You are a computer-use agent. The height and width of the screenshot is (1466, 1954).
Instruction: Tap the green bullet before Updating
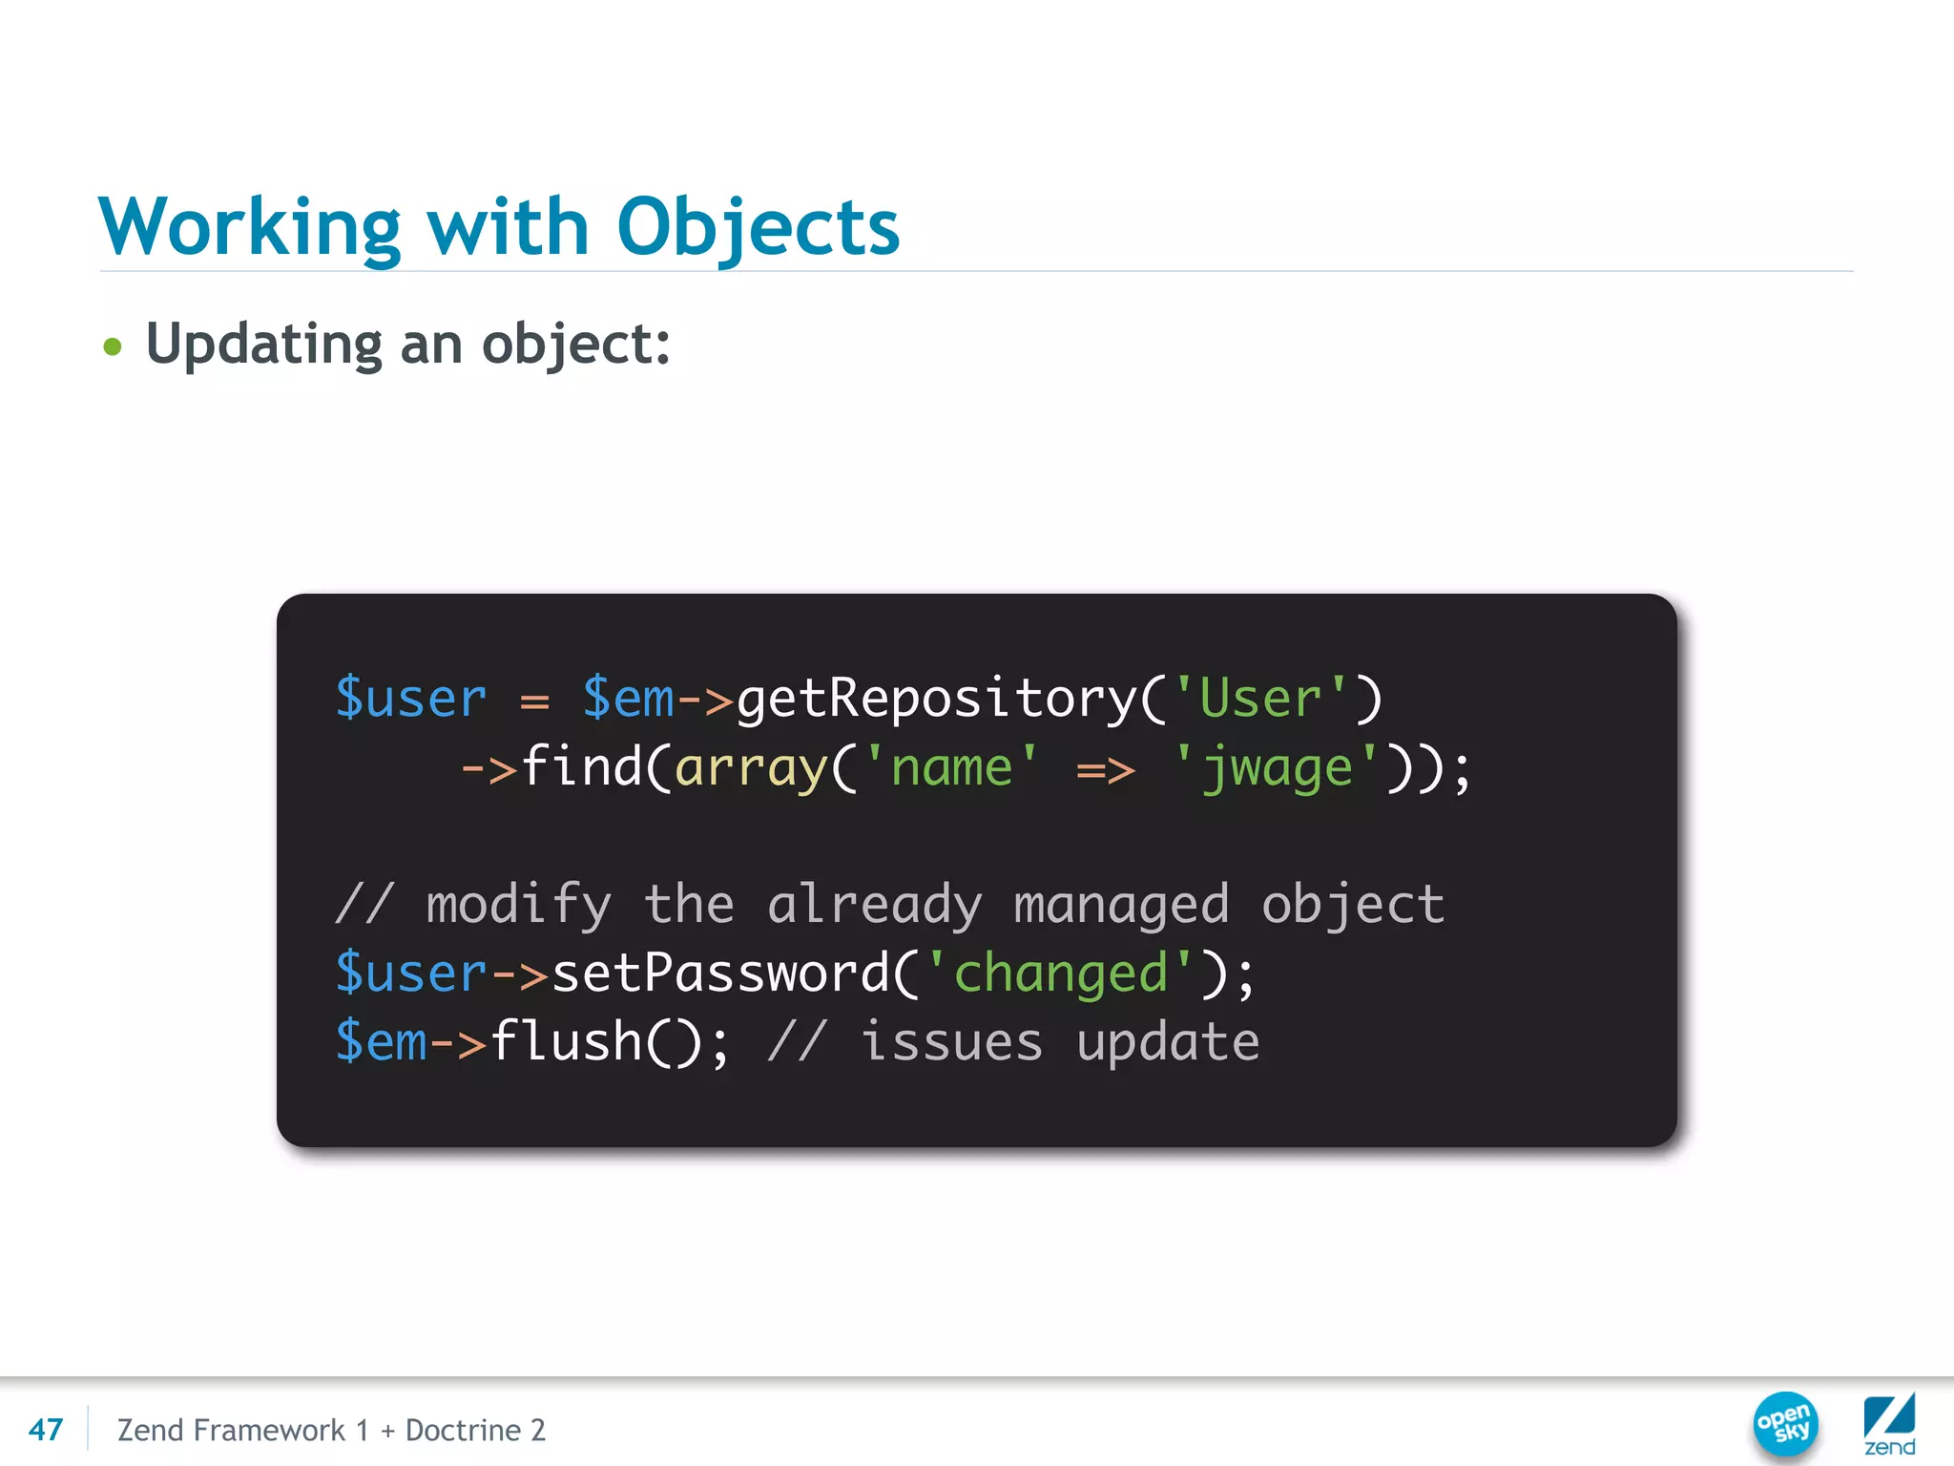(x=113, y=346)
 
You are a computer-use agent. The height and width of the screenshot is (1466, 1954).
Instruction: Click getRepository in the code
(x=937, y=699)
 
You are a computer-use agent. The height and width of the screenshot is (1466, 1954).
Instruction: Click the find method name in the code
(x=582, y=767)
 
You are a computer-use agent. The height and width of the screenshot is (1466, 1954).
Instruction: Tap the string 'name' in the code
(x=950, y=767)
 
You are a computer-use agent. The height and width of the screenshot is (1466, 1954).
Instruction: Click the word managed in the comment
(x=1121, y=905)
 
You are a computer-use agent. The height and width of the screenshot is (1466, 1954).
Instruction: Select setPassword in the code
(x=720, y=974)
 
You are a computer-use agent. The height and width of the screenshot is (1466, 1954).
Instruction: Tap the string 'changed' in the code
(x=1060, y=974)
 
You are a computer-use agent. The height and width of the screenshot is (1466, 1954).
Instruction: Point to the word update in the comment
(x=1168, y=1042)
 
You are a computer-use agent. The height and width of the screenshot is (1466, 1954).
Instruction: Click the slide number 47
(x=46, y=1430)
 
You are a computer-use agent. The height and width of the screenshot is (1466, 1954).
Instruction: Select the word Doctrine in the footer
(x=463, y=1430)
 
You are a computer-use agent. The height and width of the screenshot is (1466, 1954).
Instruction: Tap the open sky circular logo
(x=1785, y=1423)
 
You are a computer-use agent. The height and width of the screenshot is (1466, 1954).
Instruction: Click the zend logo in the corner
(x=1889, y=1426)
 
